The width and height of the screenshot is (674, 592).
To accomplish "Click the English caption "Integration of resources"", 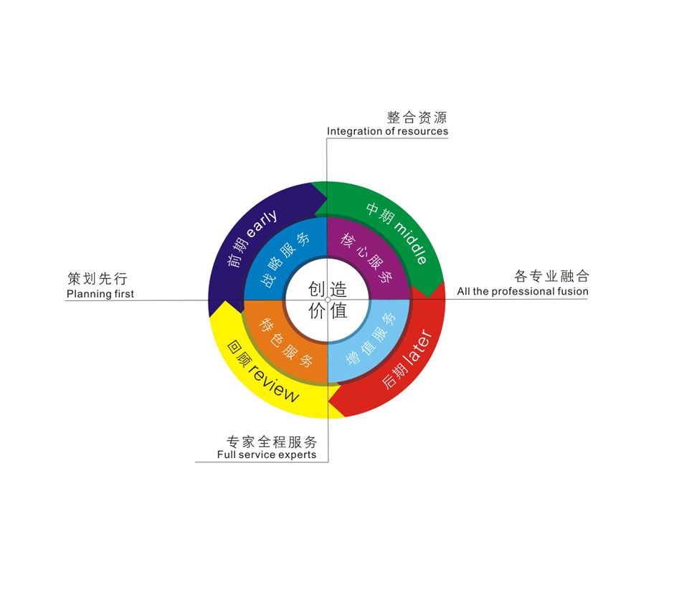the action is pyautogui.click(x=387, y=131).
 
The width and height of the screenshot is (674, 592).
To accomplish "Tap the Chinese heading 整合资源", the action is pyautogui.click(x=417, y=117).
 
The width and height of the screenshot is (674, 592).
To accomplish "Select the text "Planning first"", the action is pyautogui.click(x=100, y=294).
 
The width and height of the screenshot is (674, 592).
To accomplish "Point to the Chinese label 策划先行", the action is pyautogui.click(x=98, y=278).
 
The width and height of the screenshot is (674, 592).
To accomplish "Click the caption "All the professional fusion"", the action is pyautogui.click(x=523, y=291).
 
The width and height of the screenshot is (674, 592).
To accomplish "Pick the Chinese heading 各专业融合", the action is pyautogui.click(x=552, y=276).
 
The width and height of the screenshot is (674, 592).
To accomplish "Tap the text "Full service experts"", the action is pyautogui.click(x=267, y=454).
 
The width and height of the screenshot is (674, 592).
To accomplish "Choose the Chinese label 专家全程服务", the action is pyautogui.click(x=272, y=441).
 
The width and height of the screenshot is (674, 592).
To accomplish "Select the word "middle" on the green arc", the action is pyautogui.click(x=412, y=243).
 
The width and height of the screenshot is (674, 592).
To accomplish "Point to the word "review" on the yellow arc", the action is pyautogui.click(x=274, y=383).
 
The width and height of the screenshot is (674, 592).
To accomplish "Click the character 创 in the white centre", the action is pyautogui.click(x=317, y=289).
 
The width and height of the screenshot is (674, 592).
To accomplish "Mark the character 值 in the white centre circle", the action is pyautogui.click(x=338, y=310).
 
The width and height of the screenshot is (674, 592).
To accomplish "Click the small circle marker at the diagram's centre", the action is pyautogui.click(x=328, y=300).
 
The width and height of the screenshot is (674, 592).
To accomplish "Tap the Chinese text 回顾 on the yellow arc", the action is pyautogui.click(x=238, y=353).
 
